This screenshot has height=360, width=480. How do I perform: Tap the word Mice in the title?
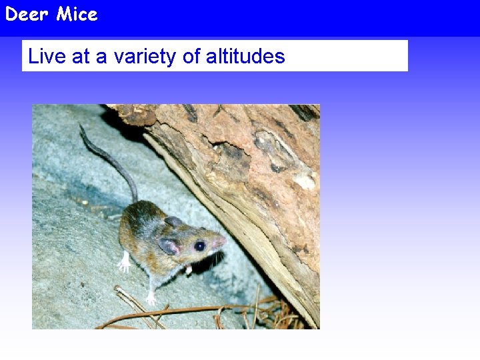point(77,14)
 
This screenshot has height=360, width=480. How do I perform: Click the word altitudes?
point(245,57)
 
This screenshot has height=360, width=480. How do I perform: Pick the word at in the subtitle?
point(81,57)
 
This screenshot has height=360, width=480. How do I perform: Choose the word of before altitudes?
point(191,57)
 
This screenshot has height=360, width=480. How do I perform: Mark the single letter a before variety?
point(101,57)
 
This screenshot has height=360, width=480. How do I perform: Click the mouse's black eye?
point(199,246)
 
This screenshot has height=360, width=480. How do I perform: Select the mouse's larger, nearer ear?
point(169,245)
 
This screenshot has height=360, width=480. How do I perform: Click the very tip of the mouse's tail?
point(81,126)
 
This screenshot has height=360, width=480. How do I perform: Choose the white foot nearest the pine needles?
point(151,298)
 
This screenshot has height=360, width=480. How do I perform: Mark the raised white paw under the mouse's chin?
point(189,269)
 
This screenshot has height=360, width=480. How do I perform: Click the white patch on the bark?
point(306,181)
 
